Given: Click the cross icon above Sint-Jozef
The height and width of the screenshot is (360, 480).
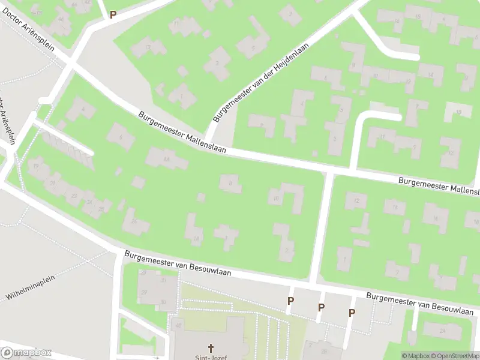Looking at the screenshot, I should point(211,347).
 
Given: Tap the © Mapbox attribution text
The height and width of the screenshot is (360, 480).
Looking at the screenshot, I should point(416,356).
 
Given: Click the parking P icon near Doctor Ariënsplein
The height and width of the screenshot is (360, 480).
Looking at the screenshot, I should point(112,14).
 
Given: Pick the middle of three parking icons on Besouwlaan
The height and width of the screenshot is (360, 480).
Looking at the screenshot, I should point(321,307).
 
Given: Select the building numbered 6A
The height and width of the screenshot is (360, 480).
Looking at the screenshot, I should point(166,158).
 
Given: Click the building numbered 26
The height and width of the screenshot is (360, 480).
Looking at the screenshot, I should point(134,221).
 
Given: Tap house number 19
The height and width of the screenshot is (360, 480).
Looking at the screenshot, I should point(37,166).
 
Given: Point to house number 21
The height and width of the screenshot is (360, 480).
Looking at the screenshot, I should point(53,182).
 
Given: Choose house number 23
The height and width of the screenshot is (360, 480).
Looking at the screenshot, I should point(74,196).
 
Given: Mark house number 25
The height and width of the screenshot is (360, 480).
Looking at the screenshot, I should point(101,209).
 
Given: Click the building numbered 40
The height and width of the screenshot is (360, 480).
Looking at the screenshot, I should point(178,326).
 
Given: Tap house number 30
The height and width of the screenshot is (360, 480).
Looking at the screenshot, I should point(163,301).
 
